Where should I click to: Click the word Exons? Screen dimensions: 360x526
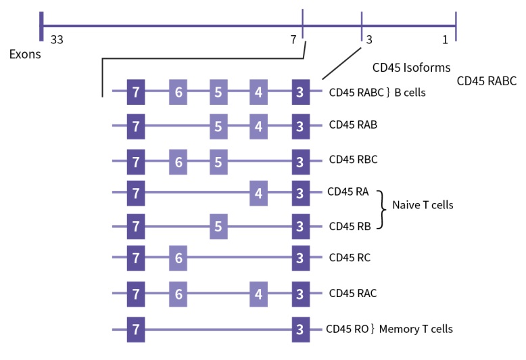click(25, 54)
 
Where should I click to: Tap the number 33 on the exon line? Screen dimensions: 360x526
click(57, 40)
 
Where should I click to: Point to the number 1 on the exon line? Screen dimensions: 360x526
click(445, 40)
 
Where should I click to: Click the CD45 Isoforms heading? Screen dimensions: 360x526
click(412, 68)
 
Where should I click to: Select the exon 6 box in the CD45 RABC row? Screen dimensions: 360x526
click(178, 92)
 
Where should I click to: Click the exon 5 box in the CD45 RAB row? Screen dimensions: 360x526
click(218, 126)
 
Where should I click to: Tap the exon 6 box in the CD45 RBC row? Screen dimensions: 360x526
click(178, 160)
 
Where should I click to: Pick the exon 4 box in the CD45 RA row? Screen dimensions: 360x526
click(258, 194)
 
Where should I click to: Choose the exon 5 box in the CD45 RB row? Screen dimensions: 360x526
click(218, 226)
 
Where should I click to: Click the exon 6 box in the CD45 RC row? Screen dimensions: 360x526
click(178, 258)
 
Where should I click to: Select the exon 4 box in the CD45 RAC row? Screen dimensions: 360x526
click(258, 294)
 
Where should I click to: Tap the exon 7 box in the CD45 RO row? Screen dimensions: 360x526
click(137, 329)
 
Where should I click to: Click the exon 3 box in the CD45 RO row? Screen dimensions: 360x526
click(300, 329)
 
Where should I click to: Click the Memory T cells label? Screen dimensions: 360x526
click(416, 329)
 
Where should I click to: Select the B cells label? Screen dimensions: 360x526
click(410, 93)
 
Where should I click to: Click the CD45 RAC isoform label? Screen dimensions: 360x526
click(353, 294)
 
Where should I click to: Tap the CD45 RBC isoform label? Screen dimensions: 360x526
click(353, 160)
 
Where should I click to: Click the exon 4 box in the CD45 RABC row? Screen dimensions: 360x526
click(258, 92)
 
